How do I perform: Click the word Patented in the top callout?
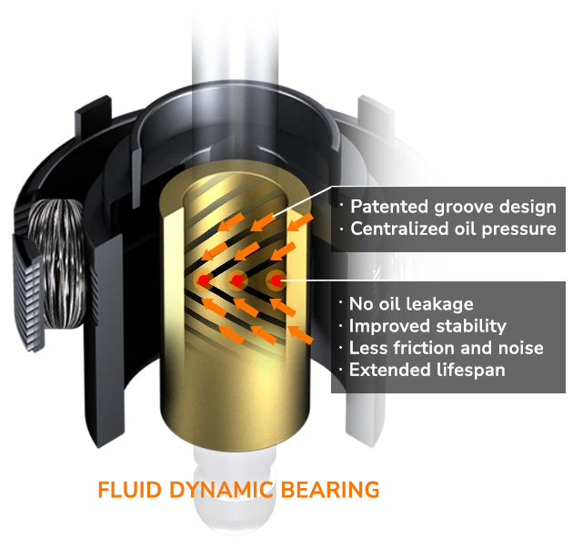pyautogui.click(x=389, y=207)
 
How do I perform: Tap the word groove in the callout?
pyautogui.click(x=463, y=208)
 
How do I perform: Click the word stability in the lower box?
pyautogui.click(x=471, y=326)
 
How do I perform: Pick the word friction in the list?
pyautogui.click(x=424, y=348)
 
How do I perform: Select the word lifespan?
pyautogui.click(x=471, y=371)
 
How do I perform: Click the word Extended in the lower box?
pyautogui.click(x=390, y=370)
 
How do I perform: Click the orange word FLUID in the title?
pyautogui.click(x=130, y=490)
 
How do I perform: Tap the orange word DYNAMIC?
pyautogui.click(x=222, y=490)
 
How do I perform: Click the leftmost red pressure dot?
pyautogui.click(x=204, y=280)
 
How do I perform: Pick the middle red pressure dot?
pyautogui.click(x=237, y=280)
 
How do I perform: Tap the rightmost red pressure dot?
pyautogui.click(x=276, y=280)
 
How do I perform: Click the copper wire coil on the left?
pyautogui.click(x=58, y=263)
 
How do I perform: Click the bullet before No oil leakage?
pyautogui.click(x=341, y=303)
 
